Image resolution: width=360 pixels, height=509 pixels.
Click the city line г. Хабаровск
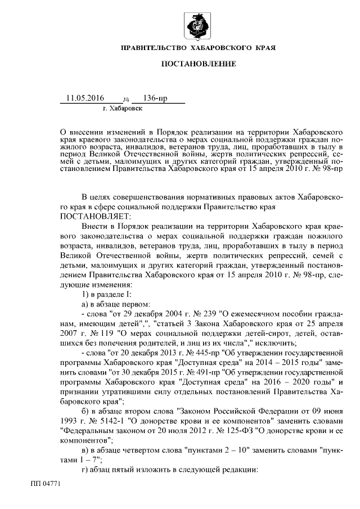pos(123,107)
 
